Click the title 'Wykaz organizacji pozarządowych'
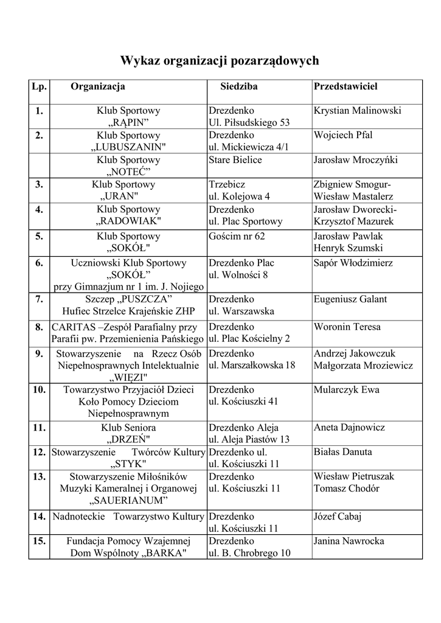(220, 61)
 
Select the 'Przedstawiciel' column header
(345, 86)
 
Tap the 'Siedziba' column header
(239, 86)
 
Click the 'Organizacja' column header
(98, 86)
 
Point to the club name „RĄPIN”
(128, 123)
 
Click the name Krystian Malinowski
(357, 111)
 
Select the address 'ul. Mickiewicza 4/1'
(249, 147)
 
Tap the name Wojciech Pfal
(343, 135)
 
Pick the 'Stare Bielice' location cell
(235, 160)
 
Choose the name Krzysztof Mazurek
(354, 221)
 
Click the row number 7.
(39, 299)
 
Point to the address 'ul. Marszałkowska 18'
(252, 365)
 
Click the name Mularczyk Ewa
(342, 390)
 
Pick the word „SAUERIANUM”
(128, 500)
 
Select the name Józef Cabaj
(338, 517)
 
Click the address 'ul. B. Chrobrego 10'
(249, 553)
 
